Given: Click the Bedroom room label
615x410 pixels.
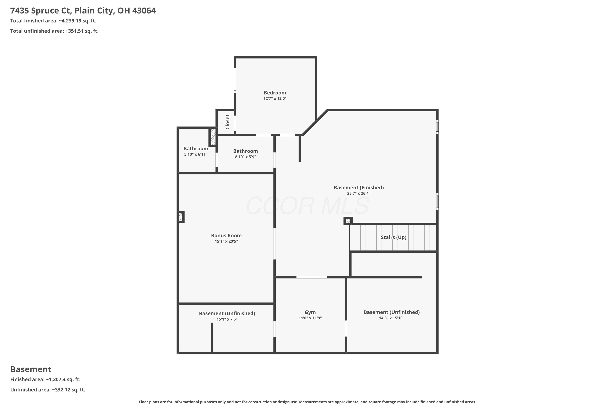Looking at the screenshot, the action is [x=275, y=93].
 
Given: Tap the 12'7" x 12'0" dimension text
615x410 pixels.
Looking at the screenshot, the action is [x=275, y=99].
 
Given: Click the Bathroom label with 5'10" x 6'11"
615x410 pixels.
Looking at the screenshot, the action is [x=196, y=148].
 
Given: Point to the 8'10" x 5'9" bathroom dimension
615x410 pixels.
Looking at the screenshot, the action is [x=245, y=157].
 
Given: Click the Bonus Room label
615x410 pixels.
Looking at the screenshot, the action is [x=226, y=235].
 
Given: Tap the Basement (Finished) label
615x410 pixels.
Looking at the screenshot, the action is [x=359, y=188].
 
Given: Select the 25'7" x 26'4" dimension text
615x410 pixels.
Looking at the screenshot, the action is [x=359, y=194].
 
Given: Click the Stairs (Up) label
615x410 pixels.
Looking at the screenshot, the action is [x=394, y=237].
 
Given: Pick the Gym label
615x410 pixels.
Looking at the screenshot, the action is [x=310, y=312].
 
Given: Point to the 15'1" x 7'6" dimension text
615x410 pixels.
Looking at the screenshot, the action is [x=227, y=319].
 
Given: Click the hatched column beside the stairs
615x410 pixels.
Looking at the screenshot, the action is [x=348, y=221].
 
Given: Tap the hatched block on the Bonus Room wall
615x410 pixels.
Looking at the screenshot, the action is [x=181, y=217].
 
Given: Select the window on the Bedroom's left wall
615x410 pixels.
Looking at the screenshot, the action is [x=235, y=80].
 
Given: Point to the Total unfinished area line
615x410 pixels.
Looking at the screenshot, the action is [x=54, y=31].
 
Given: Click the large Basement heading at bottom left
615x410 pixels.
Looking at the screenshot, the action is [x=31, y=369].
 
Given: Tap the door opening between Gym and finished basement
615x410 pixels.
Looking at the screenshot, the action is [x=312, y=277].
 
